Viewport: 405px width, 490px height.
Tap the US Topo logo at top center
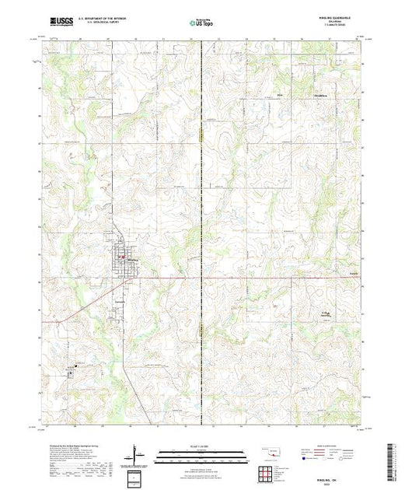coord(201,24)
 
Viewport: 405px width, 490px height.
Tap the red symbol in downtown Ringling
coord(122,257)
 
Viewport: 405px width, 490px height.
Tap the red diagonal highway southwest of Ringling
coord(86,303)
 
